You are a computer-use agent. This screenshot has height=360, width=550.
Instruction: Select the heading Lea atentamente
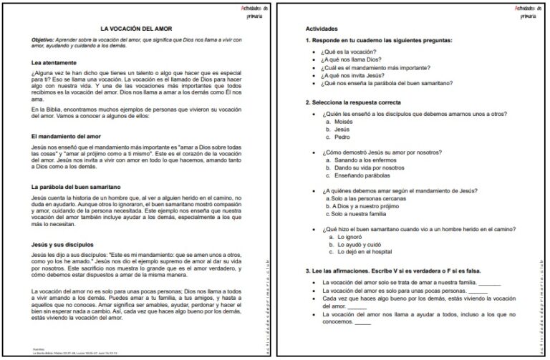(x=54, y=63)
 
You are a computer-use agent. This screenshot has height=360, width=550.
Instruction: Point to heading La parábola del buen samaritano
(x=76, y=186)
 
